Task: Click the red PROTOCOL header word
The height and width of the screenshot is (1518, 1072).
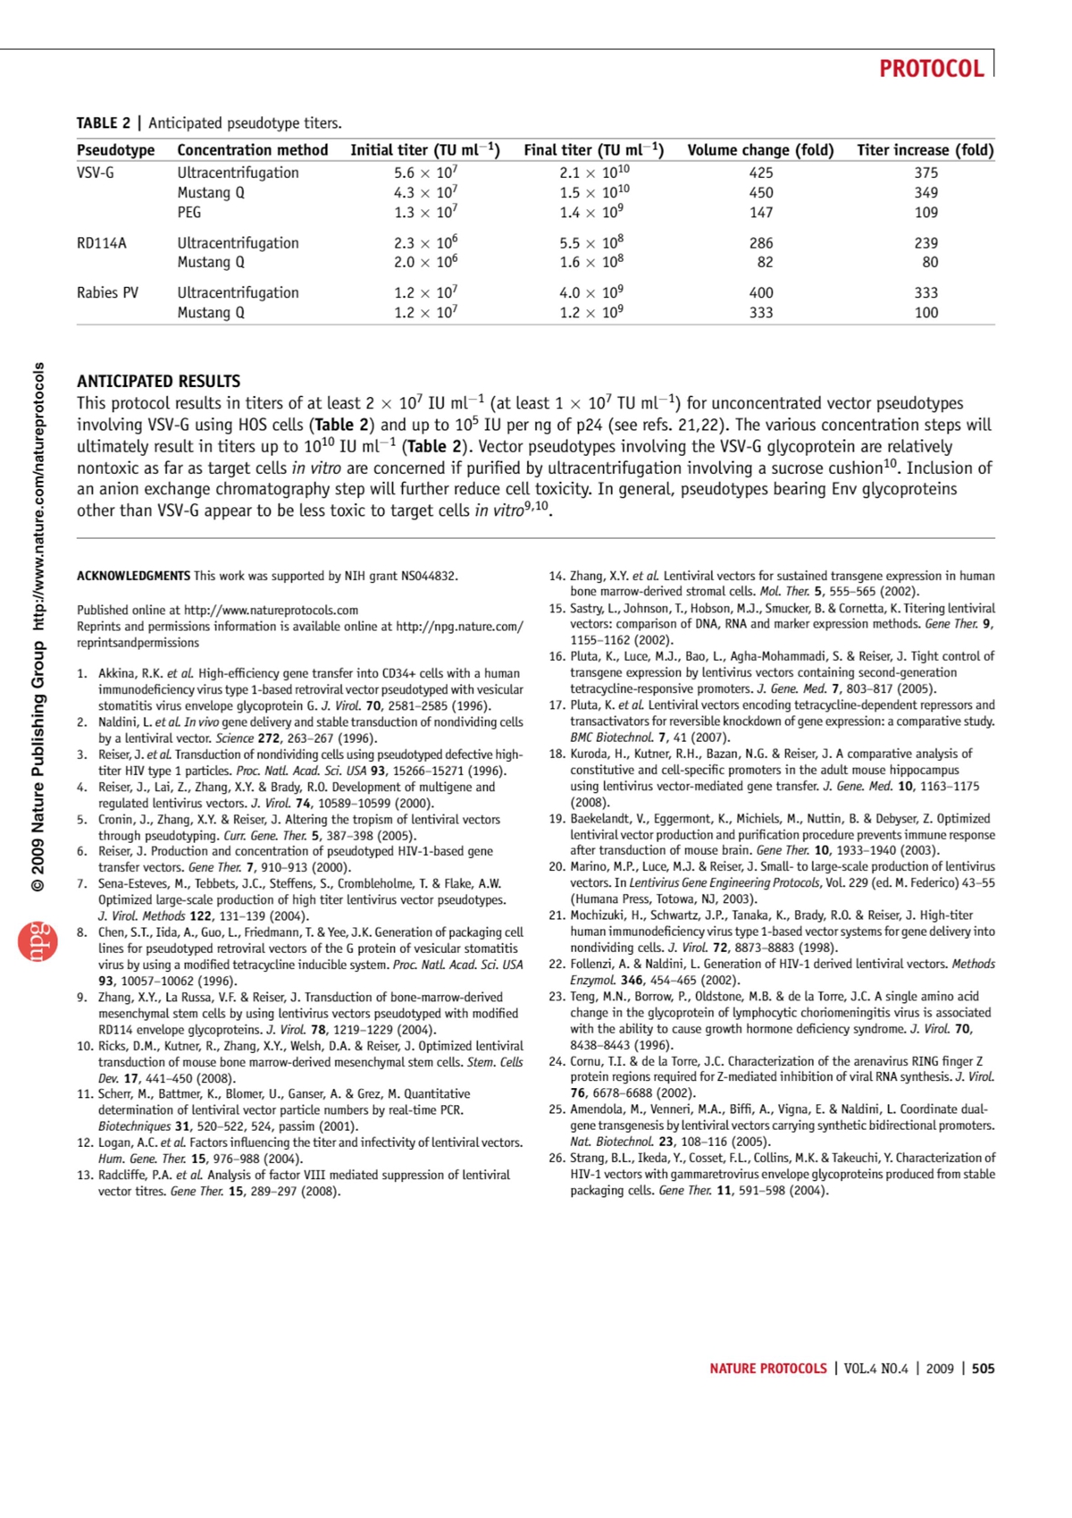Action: (931, 69)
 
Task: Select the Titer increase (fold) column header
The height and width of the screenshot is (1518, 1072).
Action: (925, 150)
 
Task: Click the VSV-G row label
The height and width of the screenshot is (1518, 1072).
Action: (96, 173)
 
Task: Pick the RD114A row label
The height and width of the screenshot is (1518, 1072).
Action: (102, 242)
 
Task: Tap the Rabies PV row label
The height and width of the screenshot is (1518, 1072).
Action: (107, 292)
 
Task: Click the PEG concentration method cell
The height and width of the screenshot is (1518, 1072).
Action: (188, 212)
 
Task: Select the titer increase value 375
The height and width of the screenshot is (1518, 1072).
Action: (925, 173)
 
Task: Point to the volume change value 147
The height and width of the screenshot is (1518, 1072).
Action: (761, 212)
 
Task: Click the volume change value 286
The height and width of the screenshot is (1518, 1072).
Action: (761, 242)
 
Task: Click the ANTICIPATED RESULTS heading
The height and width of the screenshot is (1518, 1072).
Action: (158, 381)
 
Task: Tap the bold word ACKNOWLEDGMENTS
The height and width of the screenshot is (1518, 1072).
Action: (133, 576)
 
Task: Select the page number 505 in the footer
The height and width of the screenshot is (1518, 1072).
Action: (983, 1369)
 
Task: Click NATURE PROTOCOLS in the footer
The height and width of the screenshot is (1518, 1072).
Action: (768, 1369)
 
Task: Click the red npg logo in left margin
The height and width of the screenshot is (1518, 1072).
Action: (38, 941)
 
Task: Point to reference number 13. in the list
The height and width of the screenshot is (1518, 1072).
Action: (85, 1175)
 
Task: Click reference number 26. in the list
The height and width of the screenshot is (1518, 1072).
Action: (557, 1158)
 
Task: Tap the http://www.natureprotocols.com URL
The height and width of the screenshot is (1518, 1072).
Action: (283, 610)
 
